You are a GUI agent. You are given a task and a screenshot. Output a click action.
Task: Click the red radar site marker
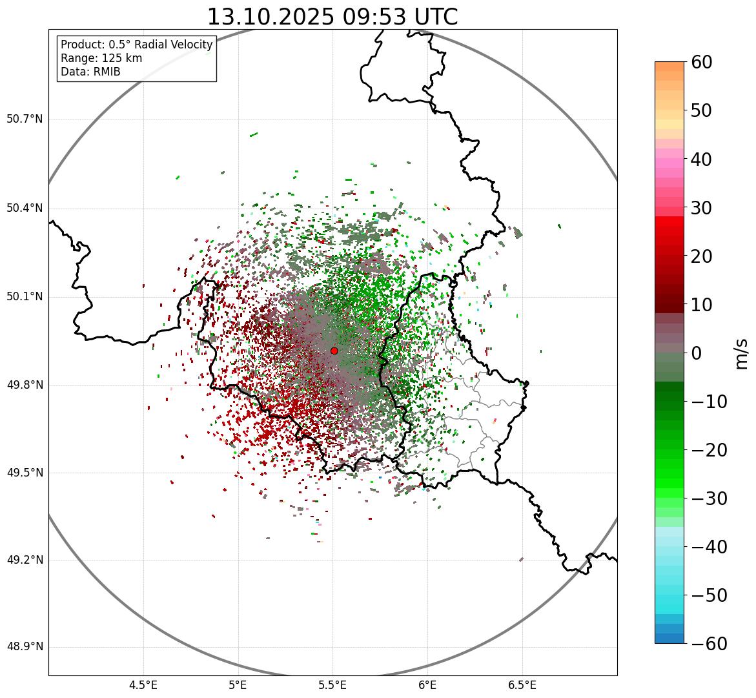tap(334, 351)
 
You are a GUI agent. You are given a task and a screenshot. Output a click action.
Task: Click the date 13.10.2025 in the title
tap(271, 17)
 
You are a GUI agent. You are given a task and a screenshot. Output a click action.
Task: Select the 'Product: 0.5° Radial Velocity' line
tap(136, 45)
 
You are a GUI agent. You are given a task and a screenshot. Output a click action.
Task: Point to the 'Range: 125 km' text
tap(101, 58)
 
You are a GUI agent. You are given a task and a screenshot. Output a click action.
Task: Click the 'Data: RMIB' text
tap(90, 72)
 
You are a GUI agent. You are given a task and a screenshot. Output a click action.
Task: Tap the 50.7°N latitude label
tap(25, 119)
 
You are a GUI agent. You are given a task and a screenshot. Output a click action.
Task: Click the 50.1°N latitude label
tap(25, 297)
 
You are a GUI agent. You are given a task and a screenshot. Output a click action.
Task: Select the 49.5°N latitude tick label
tap(25, 473)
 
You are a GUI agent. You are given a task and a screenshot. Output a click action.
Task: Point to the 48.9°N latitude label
tap(25, 647)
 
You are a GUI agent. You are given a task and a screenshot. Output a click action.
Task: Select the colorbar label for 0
tap(697, 353)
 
